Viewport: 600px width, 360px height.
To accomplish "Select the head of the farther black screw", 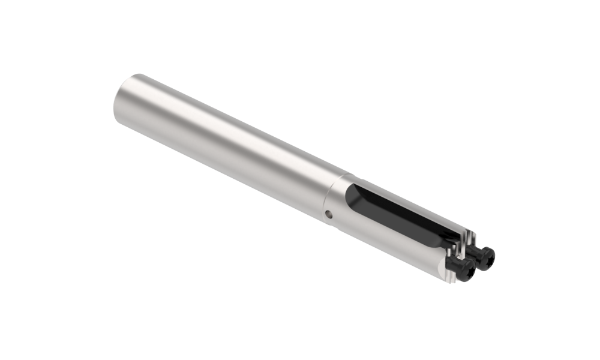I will pos(485,256).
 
